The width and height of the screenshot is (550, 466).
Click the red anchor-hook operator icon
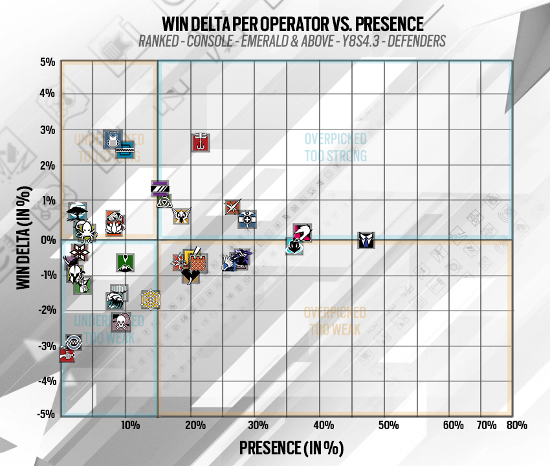point(201,142)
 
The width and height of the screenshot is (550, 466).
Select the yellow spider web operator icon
point(150,299)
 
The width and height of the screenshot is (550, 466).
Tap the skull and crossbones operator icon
point(121,322)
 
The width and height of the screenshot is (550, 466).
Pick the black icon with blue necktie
point(366,239)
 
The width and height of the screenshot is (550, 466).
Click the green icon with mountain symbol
point(126,262)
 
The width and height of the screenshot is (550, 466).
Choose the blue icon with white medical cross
point(247,219)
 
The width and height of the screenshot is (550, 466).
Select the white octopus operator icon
point(85,228)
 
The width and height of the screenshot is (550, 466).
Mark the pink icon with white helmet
point(303,233)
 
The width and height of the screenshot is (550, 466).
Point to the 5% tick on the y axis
point(47,62)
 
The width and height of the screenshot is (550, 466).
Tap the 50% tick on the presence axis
point(388,425)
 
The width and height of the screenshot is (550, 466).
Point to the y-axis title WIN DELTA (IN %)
point(25,239)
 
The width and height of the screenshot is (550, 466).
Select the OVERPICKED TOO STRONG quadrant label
point(335,148)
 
